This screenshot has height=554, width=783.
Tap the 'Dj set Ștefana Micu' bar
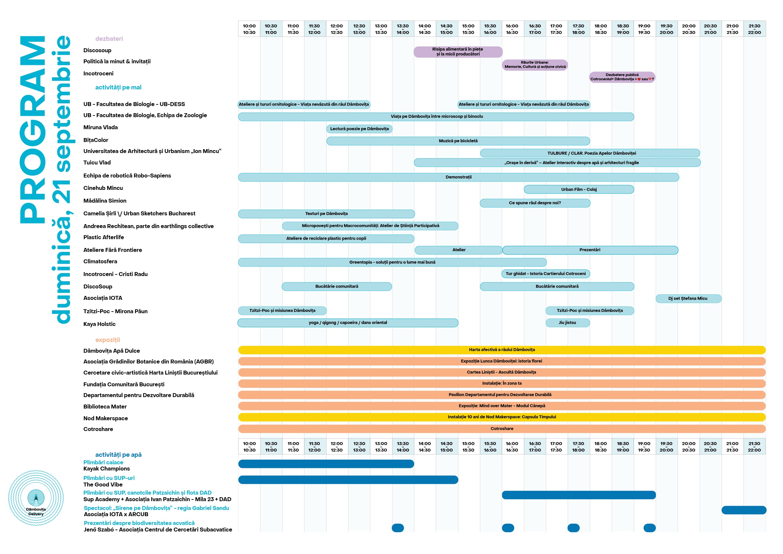point(688,299)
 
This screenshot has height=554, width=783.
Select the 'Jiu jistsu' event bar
point(567,323)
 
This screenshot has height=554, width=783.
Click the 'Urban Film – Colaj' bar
point(579,189)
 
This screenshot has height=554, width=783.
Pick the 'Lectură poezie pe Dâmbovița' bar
point(359,129)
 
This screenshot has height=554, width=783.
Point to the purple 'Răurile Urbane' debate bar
point(535,65)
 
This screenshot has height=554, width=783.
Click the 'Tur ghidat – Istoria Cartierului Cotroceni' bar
point(545,274)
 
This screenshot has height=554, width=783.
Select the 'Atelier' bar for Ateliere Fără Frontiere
point(458,250)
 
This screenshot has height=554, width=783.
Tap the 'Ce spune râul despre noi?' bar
point(535,203)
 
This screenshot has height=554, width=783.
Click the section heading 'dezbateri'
point(109,39)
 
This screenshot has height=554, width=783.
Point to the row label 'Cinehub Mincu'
point(103,188)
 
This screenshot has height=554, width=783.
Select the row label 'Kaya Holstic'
point(99,324)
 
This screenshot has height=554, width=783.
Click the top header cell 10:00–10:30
point(249,29)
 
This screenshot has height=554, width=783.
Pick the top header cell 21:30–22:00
point(754,29)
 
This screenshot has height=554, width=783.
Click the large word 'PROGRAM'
point(33,130)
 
